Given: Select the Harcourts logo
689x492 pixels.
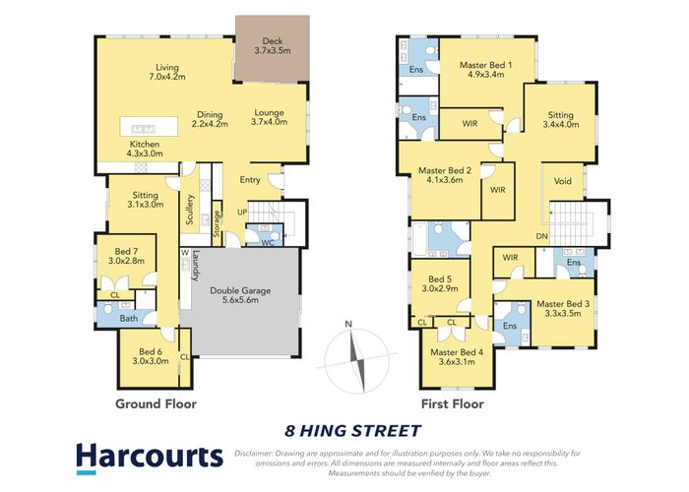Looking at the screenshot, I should click(150, 456).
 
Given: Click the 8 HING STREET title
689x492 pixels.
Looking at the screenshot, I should click(352, 430).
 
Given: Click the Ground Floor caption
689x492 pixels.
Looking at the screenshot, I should click(156, 403).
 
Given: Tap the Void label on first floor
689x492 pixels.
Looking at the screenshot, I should click(563, 182).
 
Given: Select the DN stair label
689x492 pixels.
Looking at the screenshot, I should click(541, 237).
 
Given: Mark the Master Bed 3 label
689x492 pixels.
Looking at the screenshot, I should click(564, 310).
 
